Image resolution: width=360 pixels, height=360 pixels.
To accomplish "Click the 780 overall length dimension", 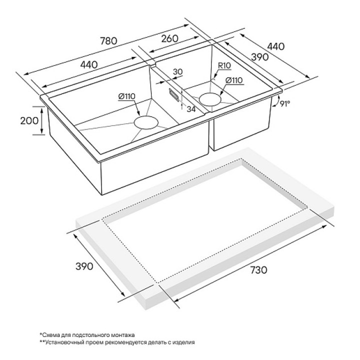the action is point(108,41).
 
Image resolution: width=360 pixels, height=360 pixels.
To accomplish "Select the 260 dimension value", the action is point(169,38).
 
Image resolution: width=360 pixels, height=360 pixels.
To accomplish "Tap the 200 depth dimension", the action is point(29,120).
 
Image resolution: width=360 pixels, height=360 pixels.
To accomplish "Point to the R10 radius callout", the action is point(224,65).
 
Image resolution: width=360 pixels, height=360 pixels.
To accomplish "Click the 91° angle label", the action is point(285,104).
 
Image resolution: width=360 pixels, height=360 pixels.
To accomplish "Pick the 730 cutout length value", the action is point(259,270).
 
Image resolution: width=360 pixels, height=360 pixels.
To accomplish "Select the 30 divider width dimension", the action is point(177,72).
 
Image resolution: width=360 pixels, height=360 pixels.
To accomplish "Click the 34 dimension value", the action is point(191,109).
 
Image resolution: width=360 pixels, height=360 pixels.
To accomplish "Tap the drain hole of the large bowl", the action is point(146,122).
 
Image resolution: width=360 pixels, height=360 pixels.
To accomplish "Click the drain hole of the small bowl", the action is point(210,99).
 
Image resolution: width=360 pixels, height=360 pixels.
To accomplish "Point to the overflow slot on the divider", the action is point(174,94).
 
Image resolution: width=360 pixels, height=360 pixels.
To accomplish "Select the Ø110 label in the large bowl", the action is point(126,96).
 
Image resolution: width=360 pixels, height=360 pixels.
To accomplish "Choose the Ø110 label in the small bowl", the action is point(234,80).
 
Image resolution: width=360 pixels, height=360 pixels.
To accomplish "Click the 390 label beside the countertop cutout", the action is point(84,266).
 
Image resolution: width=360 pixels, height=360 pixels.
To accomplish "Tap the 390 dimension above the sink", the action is point(260,57).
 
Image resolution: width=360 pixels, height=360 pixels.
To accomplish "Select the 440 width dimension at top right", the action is point(275,46).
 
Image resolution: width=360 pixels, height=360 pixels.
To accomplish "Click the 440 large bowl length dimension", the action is point(89,64).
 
